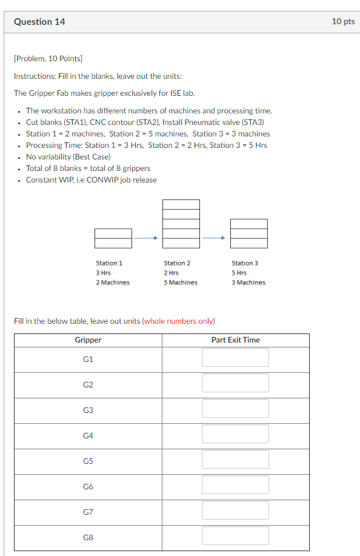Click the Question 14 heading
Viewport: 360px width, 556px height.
39,22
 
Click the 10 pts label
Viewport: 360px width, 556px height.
343,21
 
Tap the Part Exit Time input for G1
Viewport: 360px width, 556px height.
235,358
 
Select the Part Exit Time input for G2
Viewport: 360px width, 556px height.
235,383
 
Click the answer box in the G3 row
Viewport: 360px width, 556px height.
235,409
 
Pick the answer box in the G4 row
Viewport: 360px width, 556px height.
235,434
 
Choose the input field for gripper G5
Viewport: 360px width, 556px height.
235,460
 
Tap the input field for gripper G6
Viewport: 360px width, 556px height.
235,485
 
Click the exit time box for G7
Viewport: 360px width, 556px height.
235,511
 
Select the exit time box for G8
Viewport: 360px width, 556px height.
235,536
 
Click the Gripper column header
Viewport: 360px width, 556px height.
88,340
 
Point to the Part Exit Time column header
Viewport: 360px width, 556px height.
235,340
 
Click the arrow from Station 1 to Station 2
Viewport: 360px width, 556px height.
146,238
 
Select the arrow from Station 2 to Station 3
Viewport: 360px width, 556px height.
215,238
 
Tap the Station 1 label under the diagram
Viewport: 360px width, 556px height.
109,263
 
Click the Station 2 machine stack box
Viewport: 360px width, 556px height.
181,224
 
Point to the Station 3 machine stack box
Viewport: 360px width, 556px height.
248,233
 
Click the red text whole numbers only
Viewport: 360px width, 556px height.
179,321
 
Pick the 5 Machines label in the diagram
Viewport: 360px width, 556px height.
180,283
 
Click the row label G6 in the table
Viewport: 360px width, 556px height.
88,486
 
